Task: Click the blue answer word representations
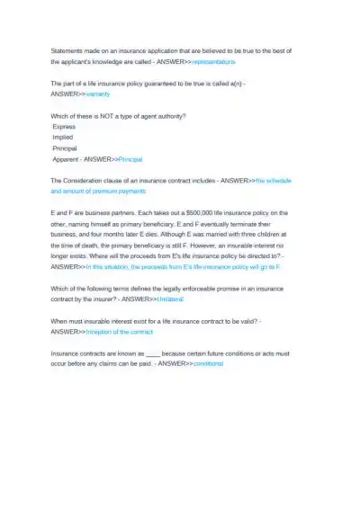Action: (213, 62)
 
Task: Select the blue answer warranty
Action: (104, 94)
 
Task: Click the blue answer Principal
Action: (138, 158)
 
